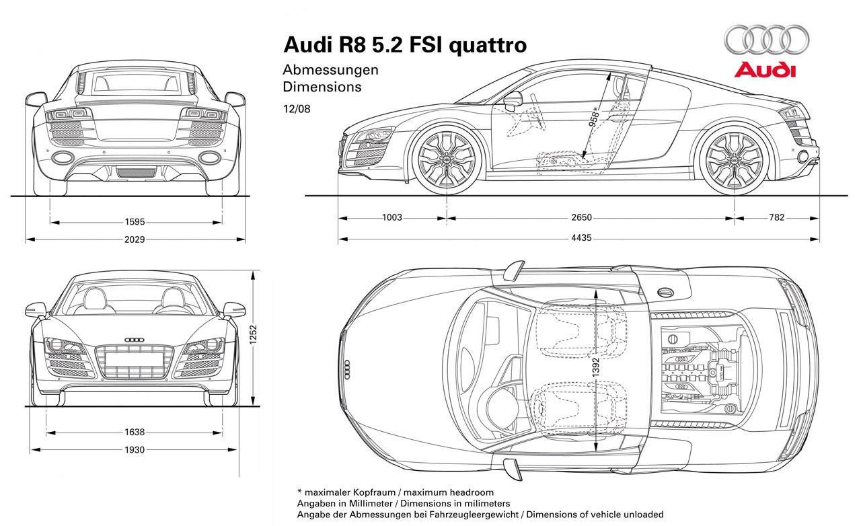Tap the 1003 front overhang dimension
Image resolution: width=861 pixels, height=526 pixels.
(391, 217)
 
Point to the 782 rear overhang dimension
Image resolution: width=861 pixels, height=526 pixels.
(776, 217)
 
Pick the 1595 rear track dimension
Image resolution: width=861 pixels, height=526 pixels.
(135, 221)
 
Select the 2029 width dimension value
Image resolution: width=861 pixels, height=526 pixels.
(135, 239)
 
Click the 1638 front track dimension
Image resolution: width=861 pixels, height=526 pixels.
(135, 433)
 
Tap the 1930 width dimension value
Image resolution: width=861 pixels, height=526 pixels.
(135, 450)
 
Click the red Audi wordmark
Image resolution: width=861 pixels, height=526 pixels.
(765, 71)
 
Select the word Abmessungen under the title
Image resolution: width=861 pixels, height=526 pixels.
(330, 69)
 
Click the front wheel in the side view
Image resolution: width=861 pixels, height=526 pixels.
(446, 159)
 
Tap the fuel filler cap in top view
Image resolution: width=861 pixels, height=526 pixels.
(665, 292)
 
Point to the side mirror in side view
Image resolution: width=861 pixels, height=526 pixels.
(513, 99)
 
